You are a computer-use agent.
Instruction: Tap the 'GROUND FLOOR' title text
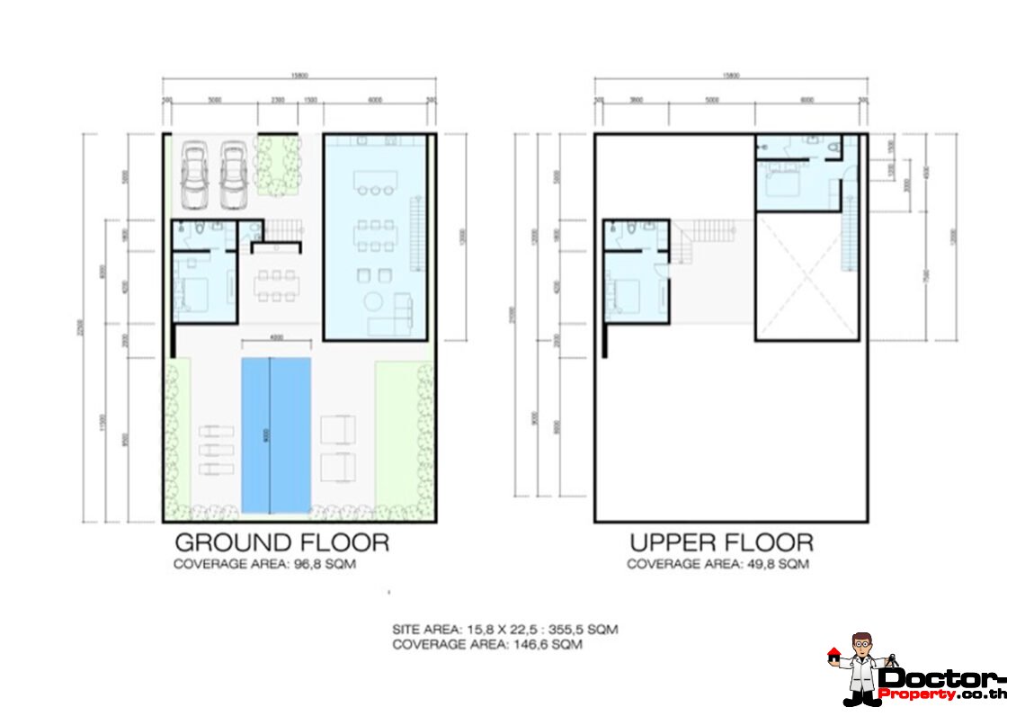281,543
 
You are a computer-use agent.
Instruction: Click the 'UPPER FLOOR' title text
721,543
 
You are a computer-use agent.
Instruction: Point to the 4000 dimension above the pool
276,337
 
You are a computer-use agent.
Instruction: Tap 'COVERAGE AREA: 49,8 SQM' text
717,565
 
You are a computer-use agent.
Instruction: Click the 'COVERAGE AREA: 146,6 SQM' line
486,644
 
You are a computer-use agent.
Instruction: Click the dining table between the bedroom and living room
275,287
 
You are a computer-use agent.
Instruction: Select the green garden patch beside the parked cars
277,166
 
